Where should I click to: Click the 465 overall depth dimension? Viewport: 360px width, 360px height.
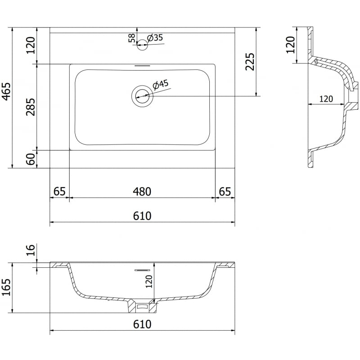(x=6, y=91)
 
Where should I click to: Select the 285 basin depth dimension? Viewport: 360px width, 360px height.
(x=31, y=107)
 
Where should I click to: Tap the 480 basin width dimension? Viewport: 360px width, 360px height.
(x=142, y=192)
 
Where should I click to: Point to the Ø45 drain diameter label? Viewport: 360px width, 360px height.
(x=161, y=85)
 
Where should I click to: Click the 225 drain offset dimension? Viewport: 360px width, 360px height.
(x=250, y=62)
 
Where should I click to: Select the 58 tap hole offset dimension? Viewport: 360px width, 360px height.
(x=131, y=38)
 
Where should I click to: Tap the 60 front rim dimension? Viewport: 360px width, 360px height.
(x=31, y=159)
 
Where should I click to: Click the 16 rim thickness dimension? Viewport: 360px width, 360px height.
(x=31, y=250)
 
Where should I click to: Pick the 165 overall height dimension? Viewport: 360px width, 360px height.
(x=6, y=288)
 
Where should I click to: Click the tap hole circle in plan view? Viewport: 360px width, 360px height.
(x=142, y=45)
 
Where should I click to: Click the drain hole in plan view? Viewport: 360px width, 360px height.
(x=142, y=96)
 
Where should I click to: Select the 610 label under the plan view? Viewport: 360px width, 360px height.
(x=142, y=216)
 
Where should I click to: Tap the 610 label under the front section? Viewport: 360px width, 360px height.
(x=142, y=324)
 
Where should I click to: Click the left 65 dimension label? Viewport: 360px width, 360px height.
(x=59, y=191)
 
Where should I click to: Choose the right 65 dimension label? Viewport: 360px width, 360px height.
(x=225, y=191)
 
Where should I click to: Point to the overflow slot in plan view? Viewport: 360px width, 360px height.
(x=142, y=66)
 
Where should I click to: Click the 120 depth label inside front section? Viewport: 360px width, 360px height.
(x=149, y=282)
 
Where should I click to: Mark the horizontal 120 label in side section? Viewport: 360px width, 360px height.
(x=326, y=99)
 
